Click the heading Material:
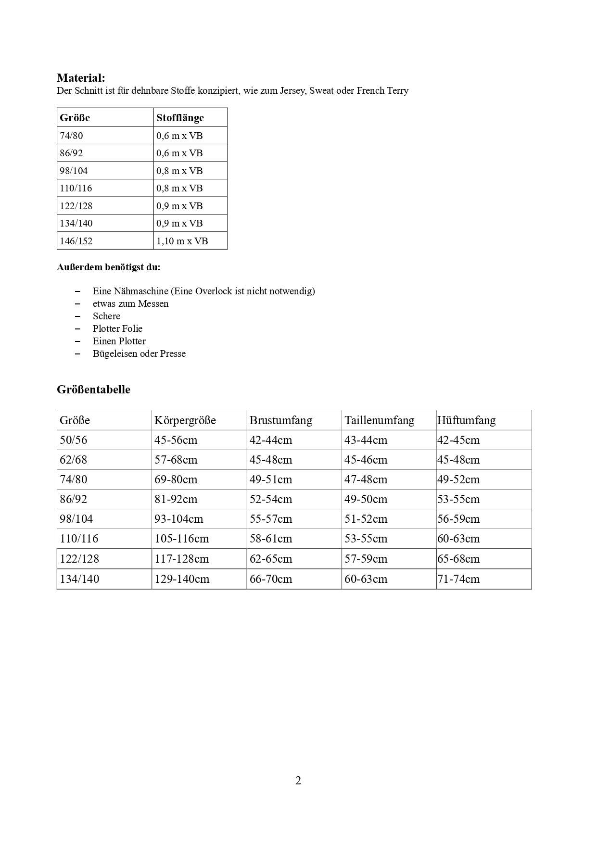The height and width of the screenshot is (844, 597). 81,78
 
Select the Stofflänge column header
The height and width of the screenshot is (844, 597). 180,118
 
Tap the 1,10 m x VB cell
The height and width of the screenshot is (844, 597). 182,241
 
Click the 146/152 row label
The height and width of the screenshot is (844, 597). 76,241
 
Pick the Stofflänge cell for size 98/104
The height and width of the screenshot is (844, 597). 179,171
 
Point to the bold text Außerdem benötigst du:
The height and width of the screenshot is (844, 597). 109,267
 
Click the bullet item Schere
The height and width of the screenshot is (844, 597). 106,316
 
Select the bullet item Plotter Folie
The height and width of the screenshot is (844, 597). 117,328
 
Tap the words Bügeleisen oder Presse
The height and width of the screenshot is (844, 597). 139,353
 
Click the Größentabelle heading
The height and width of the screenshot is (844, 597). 93,390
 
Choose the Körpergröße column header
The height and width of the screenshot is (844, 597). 185,420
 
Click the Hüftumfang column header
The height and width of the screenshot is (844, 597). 466,420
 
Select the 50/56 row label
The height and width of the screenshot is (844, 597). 74,440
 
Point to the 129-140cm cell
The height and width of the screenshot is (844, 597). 182,579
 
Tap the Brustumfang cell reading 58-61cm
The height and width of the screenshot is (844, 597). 271,539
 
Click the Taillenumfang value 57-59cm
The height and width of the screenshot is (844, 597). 366,559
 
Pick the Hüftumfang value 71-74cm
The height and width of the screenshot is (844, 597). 458,579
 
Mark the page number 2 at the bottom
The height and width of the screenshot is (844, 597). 298,781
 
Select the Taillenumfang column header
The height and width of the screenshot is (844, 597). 379,420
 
